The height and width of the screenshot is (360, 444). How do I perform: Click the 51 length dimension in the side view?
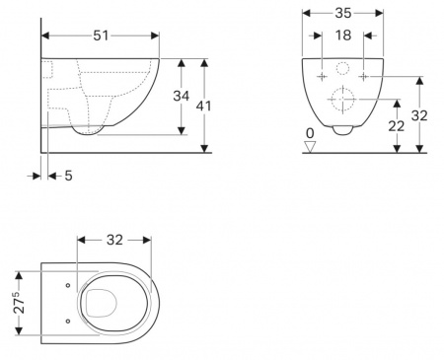[x=101, y=36]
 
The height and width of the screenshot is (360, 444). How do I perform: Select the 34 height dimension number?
[x=182, y=96]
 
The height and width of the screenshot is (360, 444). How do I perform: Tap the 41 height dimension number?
[x=203, y=106]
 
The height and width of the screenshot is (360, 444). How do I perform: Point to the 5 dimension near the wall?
[x=68, y=176]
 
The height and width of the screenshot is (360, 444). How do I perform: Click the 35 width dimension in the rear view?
[x=343, y=13]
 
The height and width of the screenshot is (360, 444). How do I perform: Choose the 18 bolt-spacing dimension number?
[x=343, y=36]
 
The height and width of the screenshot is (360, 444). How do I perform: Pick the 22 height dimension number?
[x=397, y=126]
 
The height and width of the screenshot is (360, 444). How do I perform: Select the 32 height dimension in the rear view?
[x=419, y=115]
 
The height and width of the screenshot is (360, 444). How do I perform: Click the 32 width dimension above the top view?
[x=114, y=240]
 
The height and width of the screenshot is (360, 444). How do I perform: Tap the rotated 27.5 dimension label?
[x=19, y=302]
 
